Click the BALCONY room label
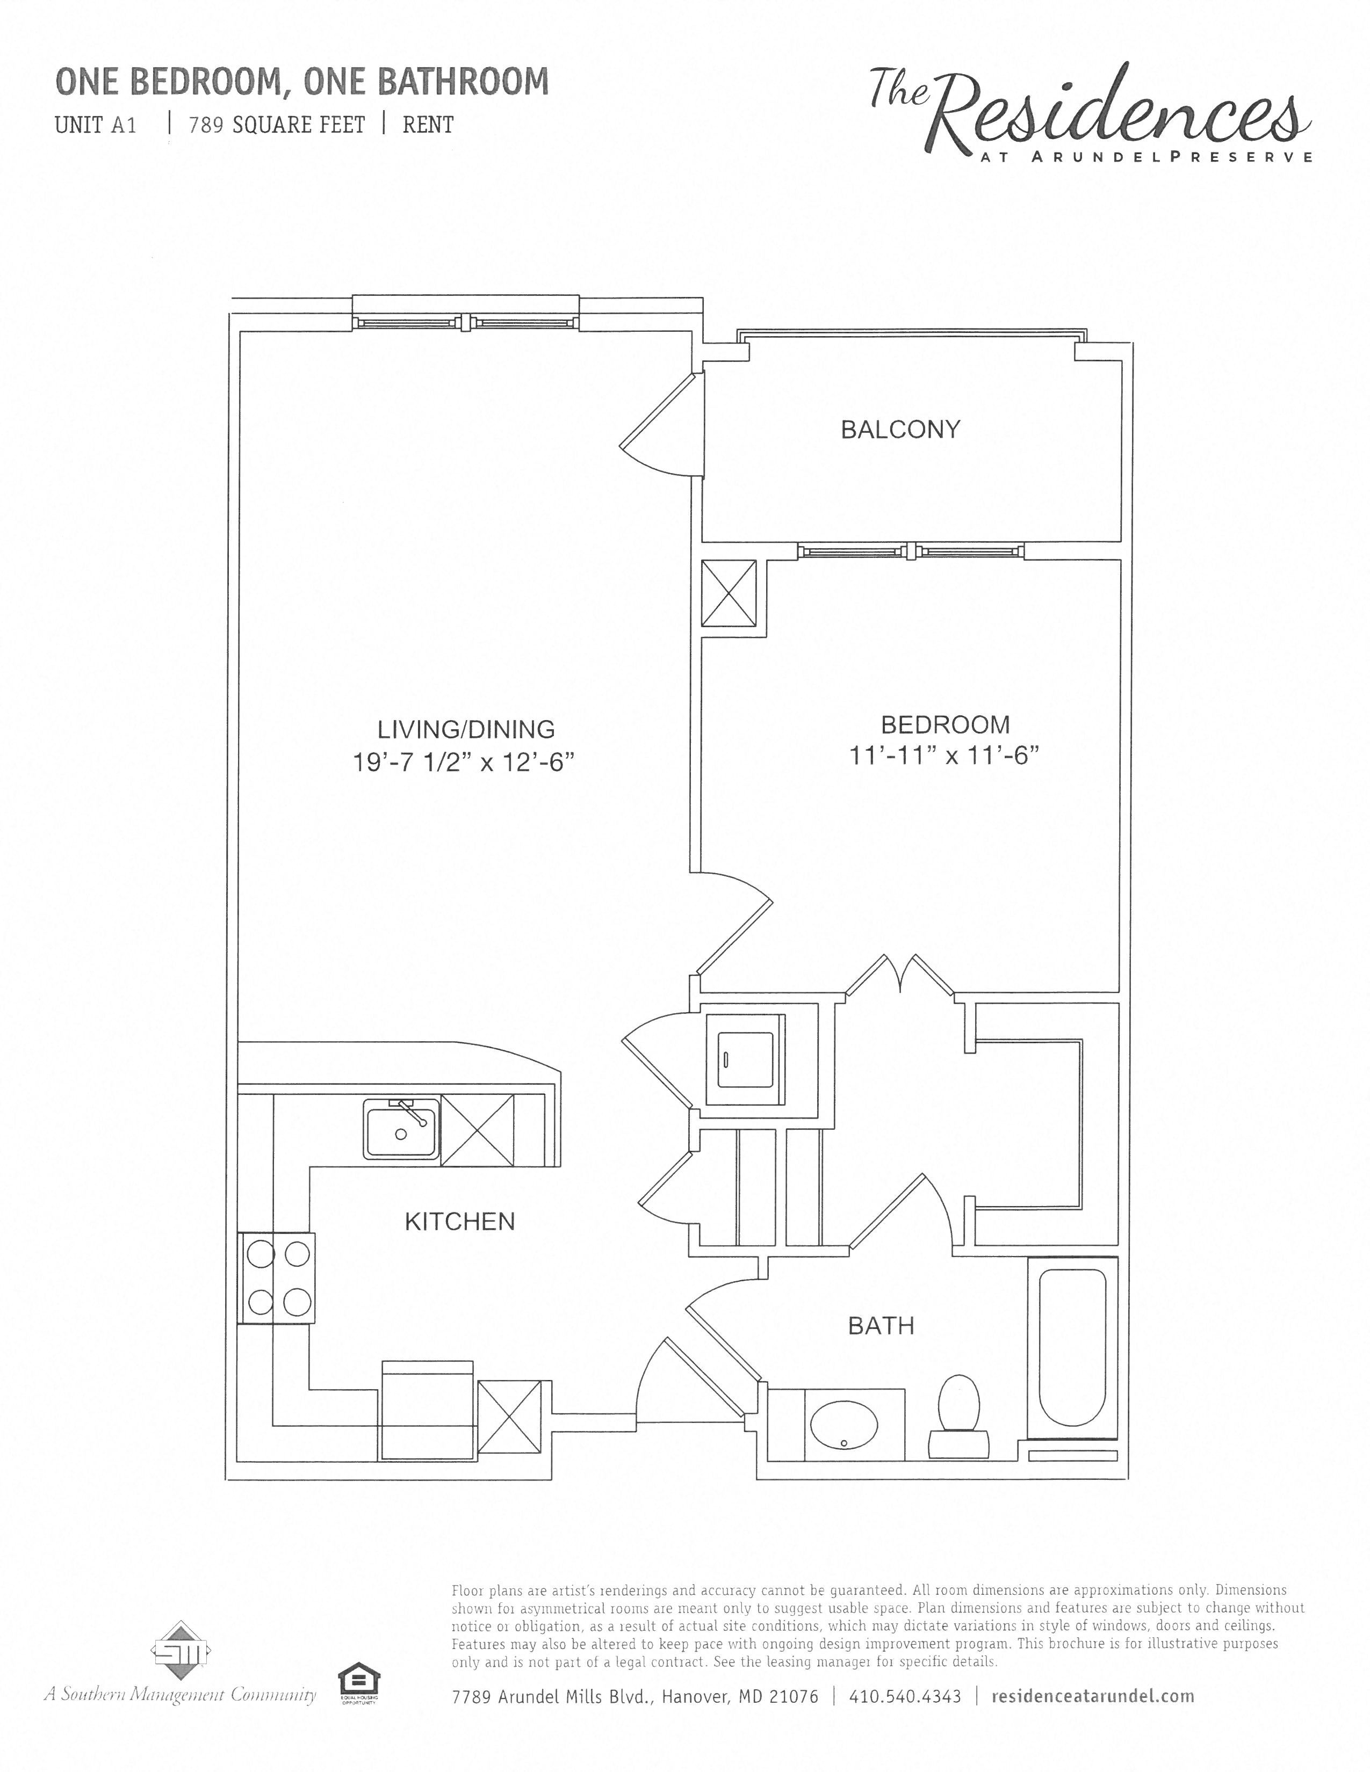tap(899, 429)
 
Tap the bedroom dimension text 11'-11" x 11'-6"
tap(944, 756)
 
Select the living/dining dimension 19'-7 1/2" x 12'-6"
tap(464, 762)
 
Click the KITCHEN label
tap(459, 1221)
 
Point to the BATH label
tap(881, 1326)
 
